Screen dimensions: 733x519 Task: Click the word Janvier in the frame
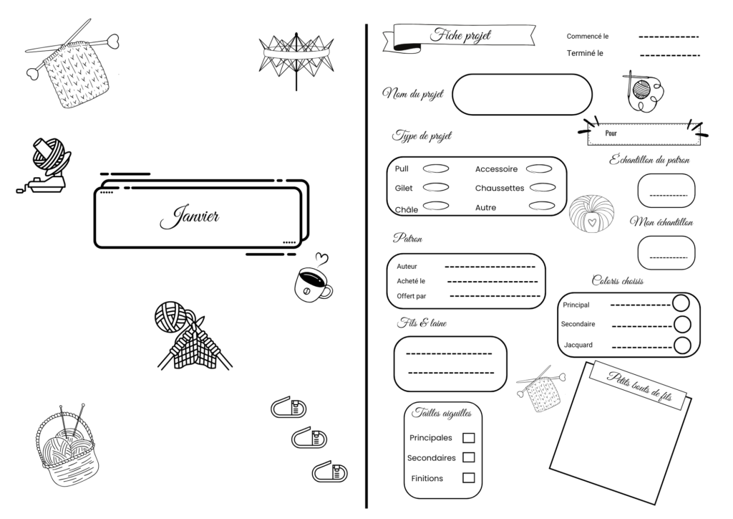(x=189, y=217)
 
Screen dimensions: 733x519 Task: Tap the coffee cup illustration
(x=312, y=284)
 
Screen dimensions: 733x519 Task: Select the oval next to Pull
(x=436, y=168)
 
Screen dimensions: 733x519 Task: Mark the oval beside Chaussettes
(x=543, y=188)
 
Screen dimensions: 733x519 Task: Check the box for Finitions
(x=468, y=478)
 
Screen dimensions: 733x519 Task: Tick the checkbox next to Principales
(x=468, y=437)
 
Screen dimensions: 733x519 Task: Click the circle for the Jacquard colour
(x=682, y=346)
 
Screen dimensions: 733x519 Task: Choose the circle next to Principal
(x=681, y=303)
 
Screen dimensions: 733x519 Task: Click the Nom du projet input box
(x=522, y=94)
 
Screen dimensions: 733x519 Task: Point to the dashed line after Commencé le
(x=669, y=37)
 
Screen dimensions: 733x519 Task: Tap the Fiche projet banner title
(x=460, y=36)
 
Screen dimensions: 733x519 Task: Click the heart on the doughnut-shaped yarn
(x=592, y=222)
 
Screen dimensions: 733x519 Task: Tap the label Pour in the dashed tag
(x=611, y=133)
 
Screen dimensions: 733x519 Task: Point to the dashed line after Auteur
(x=490, y=267)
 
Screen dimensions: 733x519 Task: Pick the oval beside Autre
(x=542, y=206)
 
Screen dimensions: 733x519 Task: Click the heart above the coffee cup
(x=321, y=259)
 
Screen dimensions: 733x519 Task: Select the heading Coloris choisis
(x=618, y=281)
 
